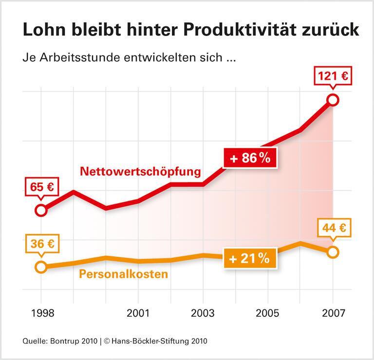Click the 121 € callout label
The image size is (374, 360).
tap(334, 76)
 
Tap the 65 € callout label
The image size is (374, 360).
tap(41, 187)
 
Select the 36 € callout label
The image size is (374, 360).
tap(41, 244)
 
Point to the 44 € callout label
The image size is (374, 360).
tap(334, 228)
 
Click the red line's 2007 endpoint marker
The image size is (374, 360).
tap(333, 100)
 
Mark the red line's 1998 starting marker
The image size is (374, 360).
tap(41, 210)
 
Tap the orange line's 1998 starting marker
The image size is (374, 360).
tap(41, 267)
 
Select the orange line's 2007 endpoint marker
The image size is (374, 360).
tap(333, 252)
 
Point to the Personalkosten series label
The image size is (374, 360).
tap(123, 274)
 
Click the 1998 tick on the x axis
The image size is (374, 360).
tap(41, 314)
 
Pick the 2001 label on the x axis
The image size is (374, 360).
tap(139, 314)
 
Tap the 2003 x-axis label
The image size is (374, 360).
tap(203, 314)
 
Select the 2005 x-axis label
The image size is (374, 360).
tap(268, 314)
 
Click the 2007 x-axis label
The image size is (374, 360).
tap(333, 314)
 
